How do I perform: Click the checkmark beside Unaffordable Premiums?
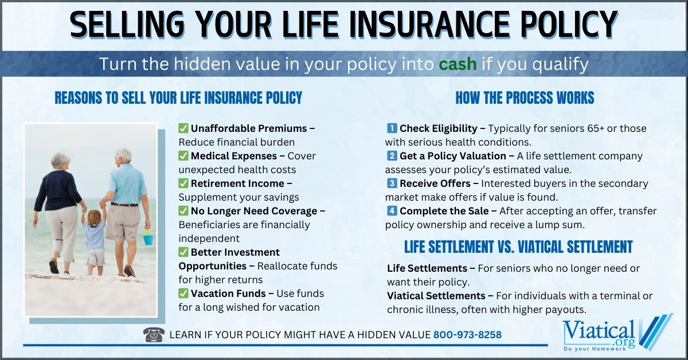183,128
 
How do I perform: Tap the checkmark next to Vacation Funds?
183,294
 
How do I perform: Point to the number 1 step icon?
392,128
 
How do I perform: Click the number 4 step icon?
392,211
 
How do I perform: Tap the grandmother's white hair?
60,161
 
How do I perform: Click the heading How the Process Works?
525,98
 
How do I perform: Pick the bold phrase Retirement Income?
237,183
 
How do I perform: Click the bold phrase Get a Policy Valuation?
452,156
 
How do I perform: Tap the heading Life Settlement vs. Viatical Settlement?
518,247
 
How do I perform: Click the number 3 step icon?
392,183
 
